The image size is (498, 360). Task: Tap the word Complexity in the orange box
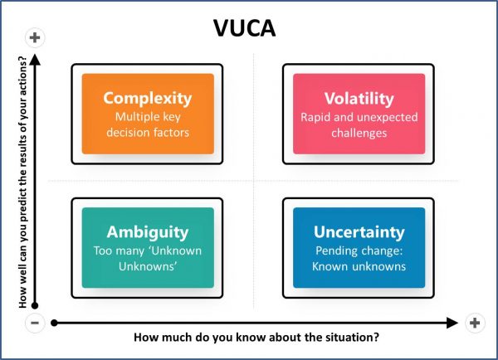(147, 98)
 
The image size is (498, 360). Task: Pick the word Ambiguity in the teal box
(147, 231)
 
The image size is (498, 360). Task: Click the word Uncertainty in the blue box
(359, 231)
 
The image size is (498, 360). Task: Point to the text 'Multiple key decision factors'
(147, 124)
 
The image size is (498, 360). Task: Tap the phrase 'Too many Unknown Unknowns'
(147, 258)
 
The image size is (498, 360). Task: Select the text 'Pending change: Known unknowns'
(359, 258)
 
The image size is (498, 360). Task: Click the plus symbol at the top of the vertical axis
(35, 37)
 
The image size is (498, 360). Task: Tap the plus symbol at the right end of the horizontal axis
(474, 323)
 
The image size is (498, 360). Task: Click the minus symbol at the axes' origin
(35, 323)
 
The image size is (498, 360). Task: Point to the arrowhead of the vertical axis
(35, 58)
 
